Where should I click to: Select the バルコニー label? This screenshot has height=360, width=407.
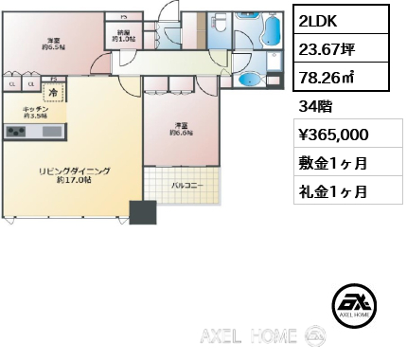point(184,186)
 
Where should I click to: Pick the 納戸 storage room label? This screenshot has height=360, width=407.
point(123,36)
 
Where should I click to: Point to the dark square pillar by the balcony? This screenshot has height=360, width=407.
point(143,213)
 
